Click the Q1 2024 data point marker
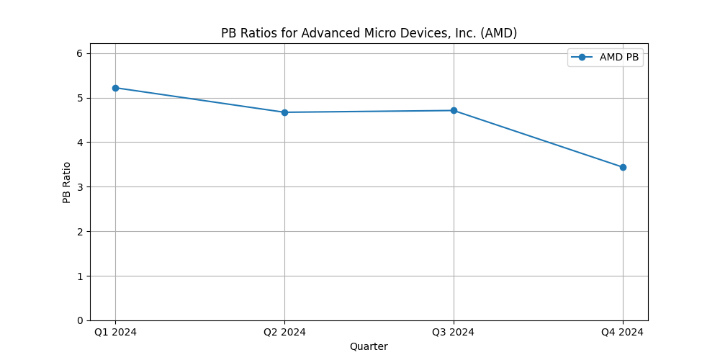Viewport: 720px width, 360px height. point(115,88)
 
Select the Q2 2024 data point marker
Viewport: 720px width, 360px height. point(284,112)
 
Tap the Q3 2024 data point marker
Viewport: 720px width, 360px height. point(454,110)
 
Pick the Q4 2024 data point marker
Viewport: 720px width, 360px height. point(623,167)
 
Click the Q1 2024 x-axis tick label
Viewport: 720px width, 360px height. point(115,332)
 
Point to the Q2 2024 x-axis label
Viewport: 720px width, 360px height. point(284,332)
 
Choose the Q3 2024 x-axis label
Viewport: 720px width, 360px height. point(454,332)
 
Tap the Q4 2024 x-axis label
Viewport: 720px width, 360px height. point(623,332)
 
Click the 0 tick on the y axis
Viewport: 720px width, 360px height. point(81,320)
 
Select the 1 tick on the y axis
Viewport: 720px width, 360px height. point(81,276)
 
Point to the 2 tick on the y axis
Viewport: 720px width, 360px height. point(81,231)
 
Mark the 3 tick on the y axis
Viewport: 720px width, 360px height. point(81,187)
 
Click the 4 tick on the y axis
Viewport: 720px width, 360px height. point(81,143)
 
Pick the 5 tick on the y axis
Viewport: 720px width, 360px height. point(81,98)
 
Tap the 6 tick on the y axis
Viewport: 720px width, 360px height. point(81,53)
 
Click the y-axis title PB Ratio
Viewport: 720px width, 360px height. point(67,182)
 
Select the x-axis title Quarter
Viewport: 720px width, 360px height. point(369,346)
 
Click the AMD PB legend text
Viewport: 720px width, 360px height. point(619,58)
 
